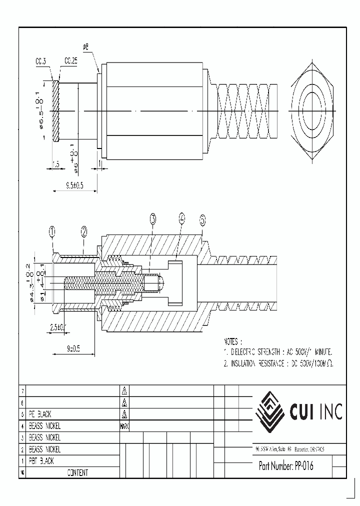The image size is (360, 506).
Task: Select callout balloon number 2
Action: point(84,231)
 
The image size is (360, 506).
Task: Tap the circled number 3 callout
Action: point(152,218)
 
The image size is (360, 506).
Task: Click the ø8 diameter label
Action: point(85,47)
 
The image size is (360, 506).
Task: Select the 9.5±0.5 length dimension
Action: point(74,185)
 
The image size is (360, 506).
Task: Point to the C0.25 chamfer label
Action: point(70,61)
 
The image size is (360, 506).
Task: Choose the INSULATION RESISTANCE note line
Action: point(278,364)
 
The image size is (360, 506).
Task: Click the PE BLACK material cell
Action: point(40,414)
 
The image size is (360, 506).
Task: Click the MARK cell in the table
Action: point(124,426)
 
